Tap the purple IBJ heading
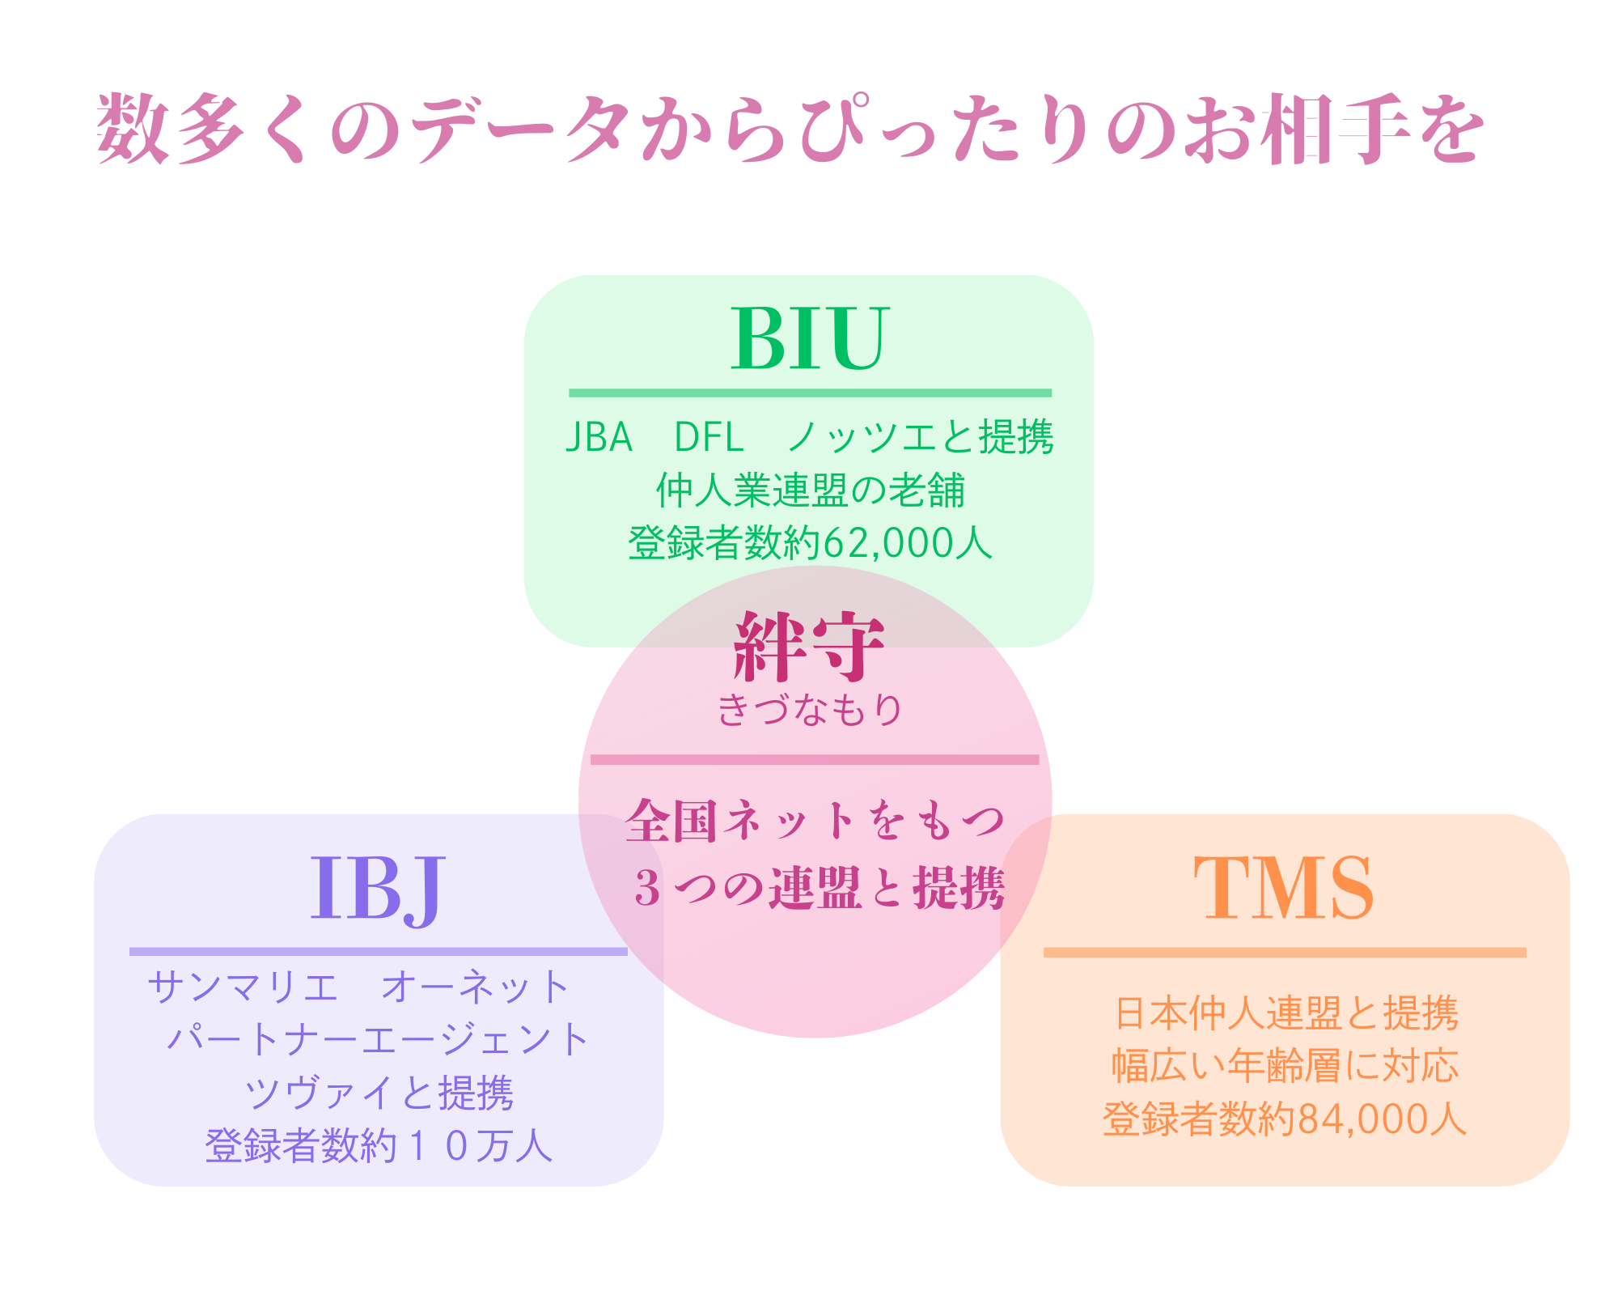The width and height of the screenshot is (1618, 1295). (378, 889)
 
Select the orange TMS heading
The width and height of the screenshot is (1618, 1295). (1284, 889)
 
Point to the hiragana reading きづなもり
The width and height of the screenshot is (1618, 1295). (809, 710)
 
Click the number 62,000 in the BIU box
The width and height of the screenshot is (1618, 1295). (887, 543)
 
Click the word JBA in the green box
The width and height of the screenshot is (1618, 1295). (599, 438)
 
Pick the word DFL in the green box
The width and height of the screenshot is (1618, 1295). (709, 438)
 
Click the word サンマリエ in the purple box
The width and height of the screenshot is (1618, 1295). (243, 987)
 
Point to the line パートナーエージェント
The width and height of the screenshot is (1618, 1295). (378, 1039)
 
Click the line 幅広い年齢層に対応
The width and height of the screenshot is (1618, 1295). (1285, 1067)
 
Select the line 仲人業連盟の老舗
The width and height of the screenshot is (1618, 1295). (810, 490)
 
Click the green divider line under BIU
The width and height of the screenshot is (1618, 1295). (810, 393)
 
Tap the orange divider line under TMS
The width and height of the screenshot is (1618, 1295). (1285, 953)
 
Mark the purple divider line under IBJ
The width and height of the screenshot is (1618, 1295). (378, 952)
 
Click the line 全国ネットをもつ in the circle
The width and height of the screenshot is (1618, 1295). (815, 821)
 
